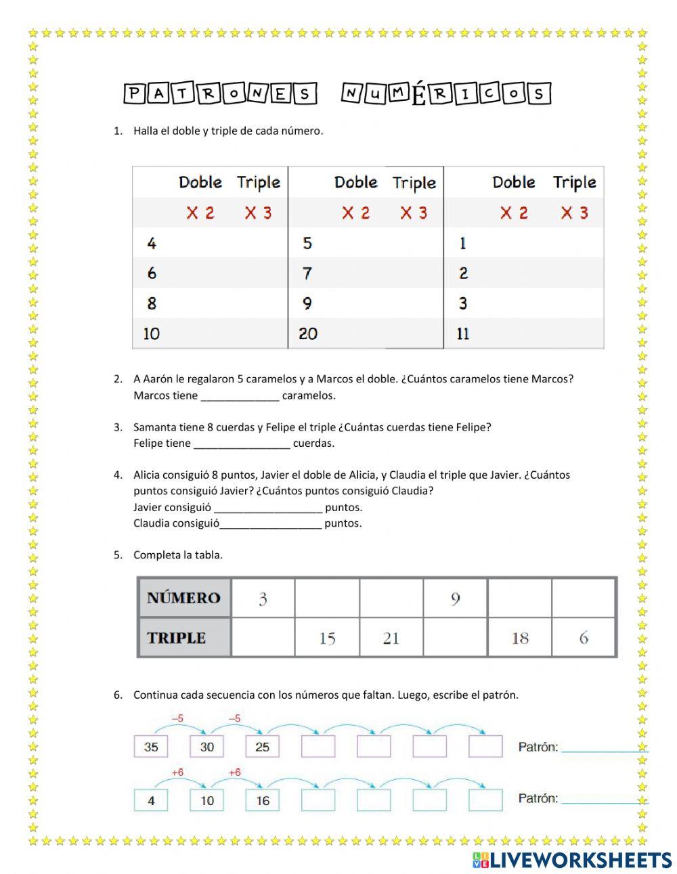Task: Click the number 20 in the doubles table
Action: (x=308, y=333)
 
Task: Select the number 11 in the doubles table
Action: (x=463, y=333)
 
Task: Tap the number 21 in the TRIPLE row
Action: (x=391, y=638)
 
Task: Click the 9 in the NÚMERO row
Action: (x=455, y=598)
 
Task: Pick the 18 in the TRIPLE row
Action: (x=520, y=638)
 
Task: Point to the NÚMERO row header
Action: (x=183, y=598)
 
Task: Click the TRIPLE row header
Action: (x=177, y=638)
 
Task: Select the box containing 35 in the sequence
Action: (x=151, y=747)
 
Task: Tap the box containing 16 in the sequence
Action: (x=263, y=800)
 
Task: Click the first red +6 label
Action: (x=178, y=772)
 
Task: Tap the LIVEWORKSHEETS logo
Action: (x=572, y=859)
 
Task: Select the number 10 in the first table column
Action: (x=152, y=333)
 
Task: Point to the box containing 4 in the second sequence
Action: (x=151, y=800)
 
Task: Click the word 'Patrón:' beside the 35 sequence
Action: (x=538, y=747)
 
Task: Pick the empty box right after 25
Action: (x=318, y=747)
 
